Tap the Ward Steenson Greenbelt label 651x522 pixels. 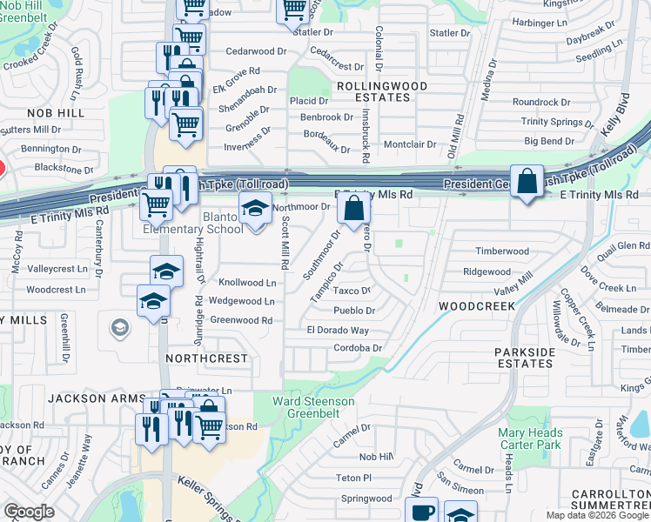click(313, 408)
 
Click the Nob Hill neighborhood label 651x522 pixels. click(55, 113)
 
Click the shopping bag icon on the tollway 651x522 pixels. click(527, 181)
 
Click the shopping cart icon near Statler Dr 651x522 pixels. click(294, 9)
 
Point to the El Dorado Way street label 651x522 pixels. click(338, 331)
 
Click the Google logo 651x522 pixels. click(29, 512)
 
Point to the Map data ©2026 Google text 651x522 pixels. click(597, 515)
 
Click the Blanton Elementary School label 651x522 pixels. click(193, 223)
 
